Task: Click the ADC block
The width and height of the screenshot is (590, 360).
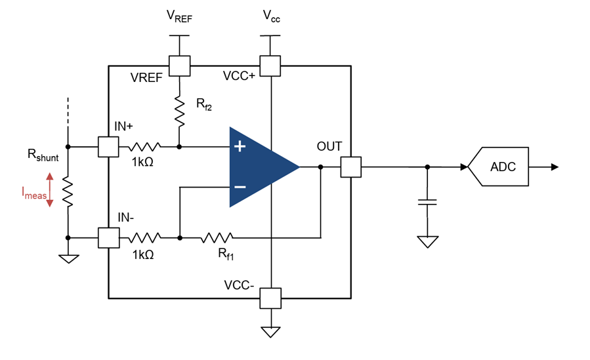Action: tap(501, 167)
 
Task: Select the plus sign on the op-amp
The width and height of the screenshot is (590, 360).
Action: tap(240, 146)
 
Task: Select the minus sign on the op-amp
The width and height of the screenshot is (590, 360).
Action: tap(240, 187)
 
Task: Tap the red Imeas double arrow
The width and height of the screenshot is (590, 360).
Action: tap(50, 190)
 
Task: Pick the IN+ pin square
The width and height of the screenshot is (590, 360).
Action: tap(108, 146)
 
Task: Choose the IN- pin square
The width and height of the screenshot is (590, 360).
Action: tap(108, 237)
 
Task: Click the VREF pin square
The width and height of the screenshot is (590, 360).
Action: tap(179, 66)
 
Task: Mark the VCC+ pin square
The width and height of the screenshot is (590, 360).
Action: tap(270, 66)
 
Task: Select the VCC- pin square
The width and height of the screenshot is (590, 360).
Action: tap(270, 298)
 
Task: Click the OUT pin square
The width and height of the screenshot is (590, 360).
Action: tap(350, 167)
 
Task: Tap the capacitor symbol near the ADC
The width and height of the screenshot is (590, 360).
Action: tap(427, 200)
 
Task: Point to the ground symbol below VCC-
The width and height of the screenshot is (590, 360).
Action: tap(270, 331)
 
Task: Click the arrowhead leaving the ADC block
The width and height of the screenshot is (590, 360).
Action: tap(555, 167)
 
